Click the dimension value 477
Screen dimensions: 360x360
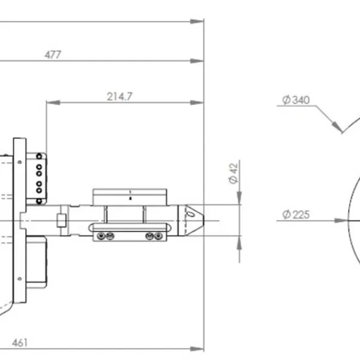pyautogui.click(x=53, y=55)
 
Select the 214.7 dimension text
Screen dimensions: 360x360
pyautogui.click(x=120, y=97)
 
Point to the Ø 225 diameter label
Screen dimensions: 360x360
pyautogui.click(x=295, y=214)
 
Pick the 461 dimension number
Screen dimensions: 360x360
pyautogui.click(x=20, y=343)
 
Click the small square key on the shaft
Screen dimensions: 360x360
pyautogui.click(x=61, y=220)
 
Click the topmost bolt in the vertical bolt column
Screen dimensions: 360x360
pyautogui.click(x=40, y=156)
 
